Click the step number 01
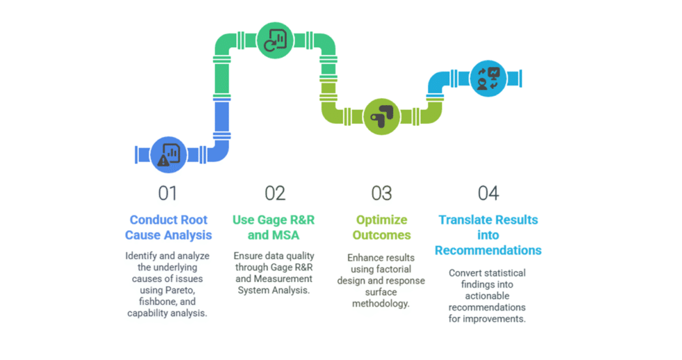pos(167,193)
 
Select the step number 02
pos(275,193)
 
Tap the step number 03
pos(381,193)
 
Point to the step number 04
pos(488,193)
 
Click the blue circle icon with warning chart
pos(168,154)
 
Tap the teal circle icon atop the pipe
pos(276,40)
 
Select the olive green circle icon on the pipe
pos(381,116)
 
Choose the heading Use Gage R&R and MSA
pos(273,228)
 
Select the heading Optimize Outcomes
pos(381,228)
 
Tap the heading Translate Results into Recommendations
pos(488,235)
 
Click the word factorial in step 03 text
pos(391,269)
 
